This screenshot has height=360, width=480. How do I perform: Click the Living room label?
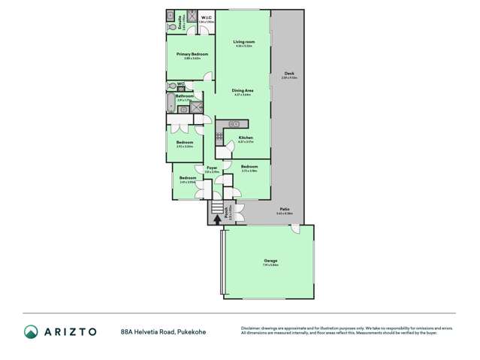(243, 41)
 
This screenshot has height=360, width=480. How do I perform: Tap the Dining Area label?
(242, 90)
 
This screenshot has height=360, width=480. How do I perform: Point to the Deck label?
(289, 73)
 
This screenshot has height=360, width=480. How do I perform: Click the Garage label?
(270, 261)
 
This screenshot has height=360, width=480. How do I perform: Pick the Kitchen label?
(246, 138)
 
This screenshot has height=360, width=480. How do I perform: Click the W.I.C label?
(206, 17)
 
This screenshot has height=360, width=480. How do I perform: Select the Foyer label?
(212, 168)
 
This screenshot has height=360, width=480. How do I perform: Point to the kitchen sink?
(233, 123)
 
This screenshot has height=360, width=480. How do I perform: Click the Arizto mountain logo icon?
(31, 331)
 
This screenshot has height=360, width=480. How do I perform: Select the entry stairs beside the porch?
(217, 207)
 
